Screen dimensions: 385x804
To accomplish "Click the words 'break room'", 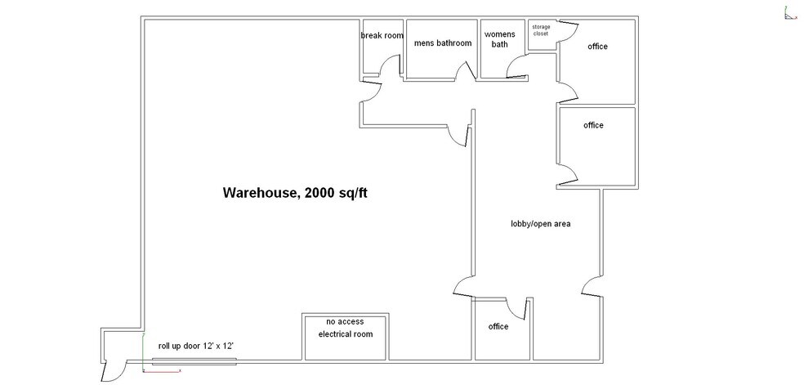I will pyautogui.click(x=382, y=36).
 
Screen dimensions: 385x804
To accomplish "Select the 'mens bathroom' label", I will pyautogui.click(x=443, y=43).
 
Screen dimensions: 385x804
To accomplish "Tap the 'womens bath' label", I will pyautogui.click(x=500, y=39).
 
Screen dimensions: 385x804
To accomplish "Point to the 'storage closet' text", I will pyautogui.click(x=541, y=30).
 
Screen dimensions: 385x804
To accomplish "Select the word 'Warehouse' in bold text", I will pyautogui.click(x=260, y=193).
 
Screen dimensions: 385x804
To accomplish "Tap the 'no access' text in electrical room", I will pyautogui.click(x=345, y=321).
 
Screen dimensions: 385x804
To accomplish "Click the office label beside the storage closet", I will pyautogui.click(x=597, y=47).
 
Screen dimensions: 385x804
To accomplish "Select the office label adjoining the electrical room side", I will pyautogui.click(x=498, y=327).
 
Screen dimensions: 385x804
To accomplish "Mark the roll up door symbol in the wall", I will pyautogui.click(x=194, y=360).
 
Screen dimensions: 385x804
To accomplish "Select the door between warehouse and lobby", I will pyautogui.click(x=462, y=285).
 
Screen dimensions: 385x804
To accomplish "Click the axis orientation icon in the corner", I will pyautogui.click(x=790, y=13).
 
